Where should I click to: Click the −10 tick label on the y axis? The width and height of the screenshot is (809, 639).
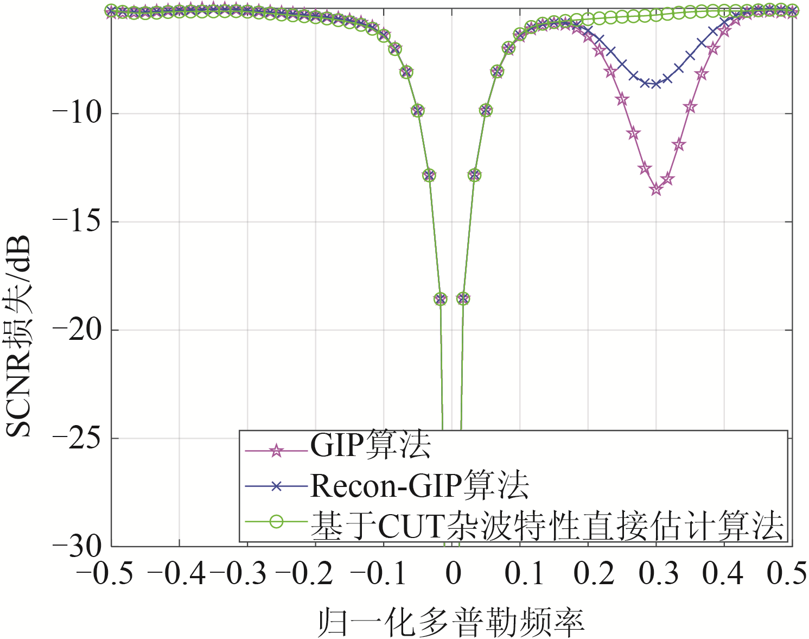click(78, 114)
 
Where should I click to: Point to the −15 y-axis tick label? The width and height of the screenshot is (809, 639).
click(78, 222)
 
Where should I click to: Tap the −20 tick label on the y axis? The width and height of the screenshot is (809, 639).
click(78, 330)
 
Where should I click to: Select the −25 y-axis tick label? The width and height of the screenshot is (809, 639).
click(78, 438)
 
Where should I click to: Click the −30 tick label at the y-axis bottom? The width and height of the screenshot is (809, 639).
click(78, 546)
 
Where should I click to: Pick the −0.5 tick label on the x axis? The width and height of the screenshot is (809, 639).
click(105, 573)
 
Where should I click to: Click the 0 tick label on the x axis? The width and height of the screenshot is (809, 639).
click(453, 573)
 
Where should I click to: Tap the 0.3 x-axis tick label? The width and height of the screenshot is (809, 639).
click(658, 573)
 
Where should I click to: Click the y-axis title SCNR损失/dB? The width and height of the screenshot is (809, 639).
click(19, 337)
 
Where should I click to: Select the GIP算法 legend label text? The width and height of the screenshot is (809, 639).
click(371, 446)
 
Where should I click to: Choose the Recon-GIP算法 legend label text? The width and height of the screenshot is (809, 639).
click(419, 485)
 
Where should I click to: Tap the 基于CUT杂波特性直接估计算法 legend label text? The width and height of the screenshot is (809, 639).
click(547, 524)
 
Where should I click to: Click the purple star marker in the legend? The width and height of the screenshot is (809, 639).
click(277, 451)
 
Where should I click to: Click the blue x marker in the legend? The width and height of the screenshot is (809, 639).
click(277, 486)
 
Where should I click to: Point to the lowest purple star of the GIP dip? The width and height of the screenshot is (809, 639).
click(656, 189)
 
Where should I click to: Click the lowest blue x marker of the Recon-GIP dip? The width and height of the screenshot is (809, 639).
click(656, 84)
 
